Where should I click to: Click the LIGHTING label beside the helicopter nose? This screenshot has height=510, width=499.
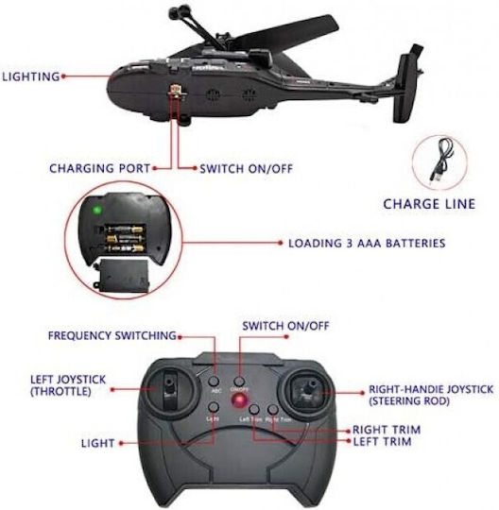tap(31, 76)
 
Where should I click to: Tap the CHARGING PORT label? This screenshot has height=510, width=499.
tap(99, 168)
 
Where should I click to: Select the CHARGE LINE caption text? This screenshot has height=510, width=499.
tap(429, 204)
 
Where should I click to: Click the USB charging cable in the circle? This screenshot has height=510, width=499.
tap(440, 161)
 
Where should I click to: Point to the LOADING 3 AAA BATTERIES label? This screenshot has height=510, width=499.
tap(367, 244)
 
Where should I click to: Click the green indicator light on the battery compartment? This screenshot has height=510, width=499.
tap(96, 210)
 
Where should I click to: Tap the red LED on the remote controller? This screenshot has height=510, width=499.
tap(239, 400)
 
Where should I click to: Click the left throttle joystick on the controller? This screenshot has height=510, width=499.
tap(169, 389)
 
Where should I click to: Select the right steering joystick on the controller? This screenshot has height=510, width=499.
tap(307, 390)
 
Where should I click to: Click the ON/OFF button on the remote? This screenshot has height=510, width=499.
tap(239, 381)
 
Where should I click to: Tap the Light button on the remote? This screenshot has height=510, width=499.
tap(214, 407)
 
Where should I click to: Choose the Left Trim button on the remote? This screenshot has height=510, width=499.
tap(254, 409)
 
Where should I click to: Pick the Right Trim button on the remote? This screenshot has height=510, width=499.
tap(273, 409)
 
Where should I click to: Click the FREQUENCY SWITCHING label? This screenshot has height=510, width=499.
tap(112, 335)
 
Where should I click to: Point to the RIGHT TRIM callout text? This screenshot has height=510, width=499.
tap(387, 430)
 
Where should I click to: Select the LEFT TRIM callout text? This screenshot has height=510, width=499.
tap(382, 441)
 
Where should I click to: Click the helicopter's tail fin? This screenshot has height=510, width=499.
tap(406, 85)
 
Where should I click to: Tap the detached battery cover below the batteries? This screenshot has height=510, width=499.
tap(123, 276)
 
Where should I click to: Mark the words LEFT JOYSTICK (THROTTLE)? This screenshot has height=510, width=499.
tap(68, 385)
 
